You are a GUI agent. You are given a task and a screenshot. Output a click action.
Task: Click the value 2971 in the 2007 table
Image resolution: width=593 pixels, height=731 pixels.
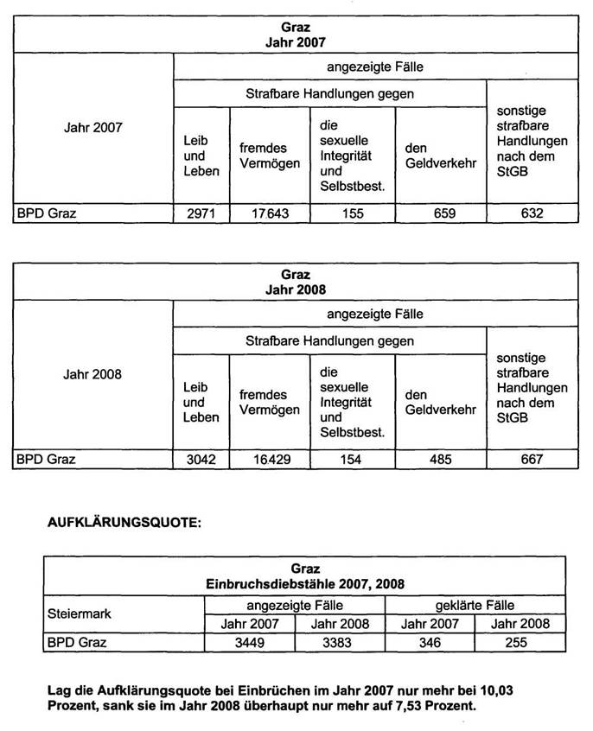point(201,213)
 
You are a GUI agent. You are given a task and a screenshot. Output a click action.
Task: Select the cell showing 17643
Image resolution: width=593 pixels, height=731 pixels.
point(269,213)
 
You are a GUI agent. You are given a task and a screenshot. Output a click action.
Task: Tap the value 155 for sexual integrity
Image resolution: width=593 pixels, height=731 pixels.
point(352,213)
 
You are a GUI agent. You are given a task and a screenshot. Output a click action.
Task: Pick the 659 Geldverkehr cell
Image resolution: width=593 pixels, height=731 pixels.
point(440,213)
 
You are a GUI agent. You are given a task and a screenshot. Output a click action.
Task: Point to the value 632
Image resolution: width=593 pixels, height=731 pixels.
point(531,213)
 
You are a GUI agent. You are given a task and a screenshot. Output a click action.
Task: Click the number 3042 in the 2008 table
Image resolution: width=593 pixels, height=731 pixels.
point(201,460)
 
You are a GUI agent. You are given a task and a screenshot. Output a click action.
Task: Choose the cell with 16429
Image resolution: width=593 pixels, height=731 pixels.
point(269,460)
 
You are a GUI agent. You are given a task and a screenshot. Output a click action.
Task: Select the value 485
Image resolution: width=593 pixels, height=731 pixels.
point(440,460)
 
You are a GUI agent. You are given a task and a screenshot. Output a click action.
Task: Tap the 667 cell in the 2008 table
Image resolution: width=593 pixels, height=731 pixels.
point(531,460)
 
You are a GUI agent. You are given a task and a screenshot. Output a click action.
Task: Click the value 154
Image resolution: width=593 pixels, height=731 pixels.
point(352,460)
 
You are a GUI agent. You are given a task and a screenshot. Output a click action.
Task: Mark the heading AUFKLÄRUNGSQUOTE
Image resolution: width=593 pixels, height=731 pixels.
point(122,524)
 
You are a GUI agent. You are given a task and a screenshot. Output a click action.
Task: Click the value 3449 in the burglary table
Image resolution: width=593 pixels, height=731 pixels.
point(248,642)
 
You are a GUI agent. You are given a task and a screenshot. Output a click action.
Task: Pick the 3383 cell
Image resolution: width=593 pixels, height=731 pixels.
point(340,642)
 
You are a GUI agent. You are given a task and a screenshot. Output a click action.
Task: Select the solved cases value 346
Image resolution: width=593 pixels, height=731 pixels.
point(430,642)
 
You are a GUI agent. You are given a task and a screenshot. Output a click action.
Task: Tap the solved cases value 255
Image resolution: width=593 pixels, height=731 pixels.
point(520,642)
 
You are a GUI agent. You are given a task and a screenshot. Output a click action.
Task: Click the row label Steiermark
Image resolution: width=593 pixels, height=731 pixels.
point(79,613)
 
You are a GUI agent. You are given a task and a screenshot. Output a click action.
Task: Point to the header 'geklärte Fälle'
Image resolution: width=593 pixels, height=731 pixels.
point(475,605)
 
